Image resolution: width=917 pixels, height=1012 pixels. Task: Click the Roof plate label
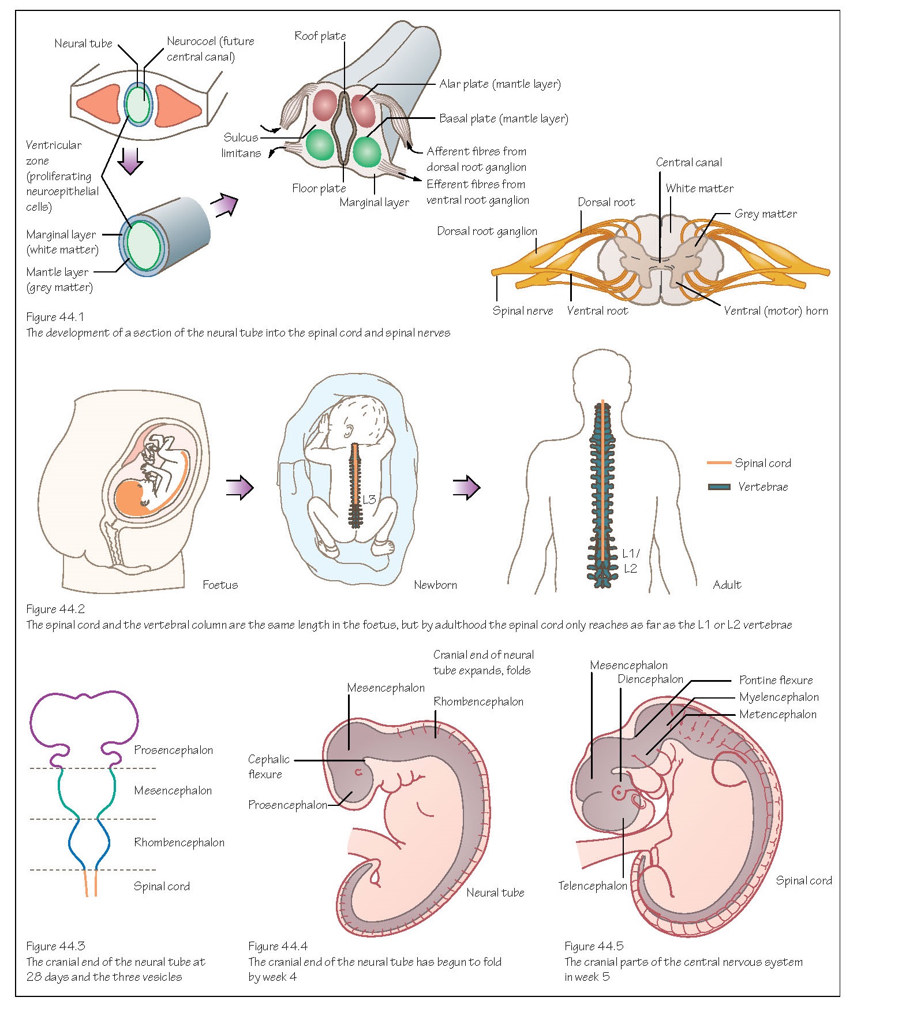(x=320, y=36)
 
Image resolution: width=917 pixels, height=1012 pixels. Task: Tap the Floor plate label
(x=319, y=188)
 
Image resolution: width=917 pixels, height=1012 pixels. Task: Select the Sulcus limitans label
(x=241, y=145)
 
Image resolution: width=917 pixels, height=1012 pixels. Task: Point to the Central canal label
(x=688, y=163)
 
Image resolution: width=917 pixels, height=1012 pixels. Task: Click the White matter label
(x=699, y=189)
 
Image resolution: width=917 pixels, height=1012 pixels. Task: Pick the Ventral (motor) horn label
(x=776, y=311)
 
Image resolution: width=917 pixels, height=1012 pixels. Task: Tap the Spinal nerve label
(x=522, y=311)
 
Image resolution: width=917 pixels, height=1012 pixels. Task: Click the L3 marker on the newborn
(x=369, y=499)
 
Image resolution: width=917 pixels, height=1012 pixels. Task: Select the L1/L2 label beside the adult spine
(x=630, y=561)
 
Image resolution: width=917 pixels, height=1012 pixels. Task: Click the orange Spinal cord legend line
(x=718, y=463)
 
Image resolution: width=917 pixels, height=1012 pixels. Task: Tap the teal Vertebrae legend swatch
(x=719, y=487)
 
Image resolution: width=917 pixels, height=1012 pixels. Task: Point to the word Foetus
(x=220, y=585)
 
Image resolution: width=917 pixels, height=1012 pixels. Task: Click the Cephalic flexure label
(x=268, y=767)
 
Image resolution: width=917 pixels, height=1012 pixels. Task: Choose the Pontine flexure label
(x=776, y=680)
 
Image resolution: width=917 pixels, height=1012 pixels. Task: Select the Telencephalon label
(x=592, y=886)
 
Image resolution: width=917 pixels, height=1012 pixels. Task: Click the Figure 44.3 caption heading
(x=55, y=946)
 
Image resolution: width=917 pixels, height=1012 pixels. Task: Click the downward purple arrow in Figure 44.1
(x=130, y=161)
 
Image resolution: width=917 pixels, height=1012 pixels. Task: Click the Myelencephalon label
(x=778, y=697)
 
